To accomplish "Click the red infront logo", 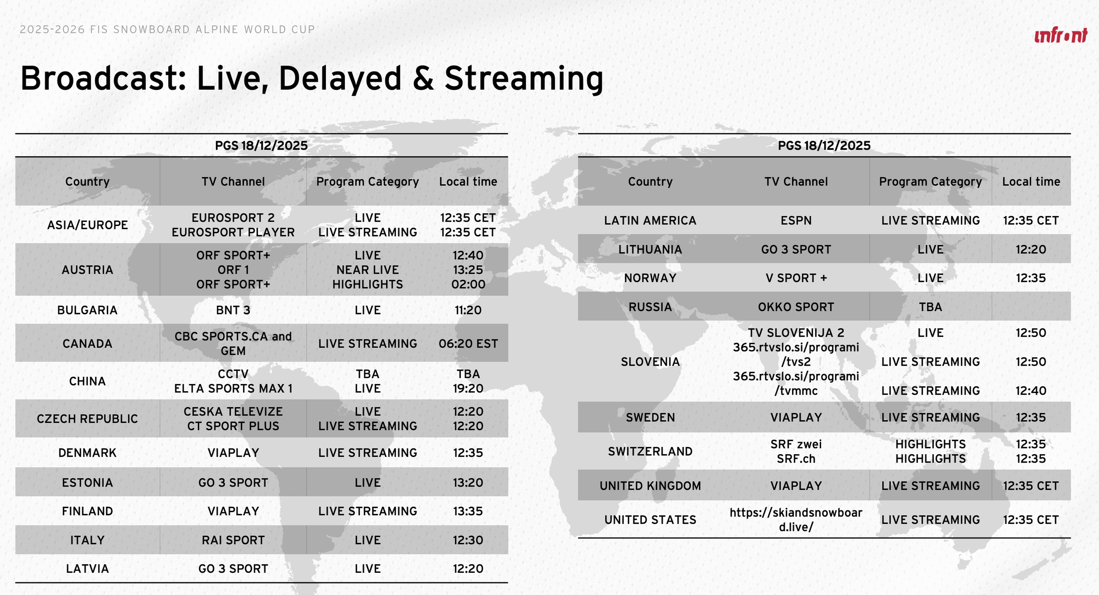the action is click(x=1060, y=35).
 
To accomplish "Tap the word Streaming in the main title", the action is click(x=524, y=79).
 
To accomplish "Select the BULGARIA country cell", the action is click(x=87, y=310).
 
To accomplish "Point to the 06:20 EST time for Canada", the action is click(x=468, y=343).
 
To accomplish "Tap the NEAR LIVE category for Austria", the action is click(x=367, y=270).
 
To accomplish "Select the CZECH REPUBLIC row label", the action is click(x=87, y=419).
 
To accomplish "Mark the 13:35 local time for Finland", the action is click(x=468, y=511).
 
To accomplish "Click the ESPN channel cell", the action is click(x=796, y=220).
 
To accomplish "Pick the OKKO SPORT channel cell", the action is click(x=796, y=307).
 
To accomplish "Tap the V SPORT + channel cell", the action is click(x=796, y=278).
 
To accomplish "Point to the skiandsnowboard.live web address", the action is click(x=796, y=519).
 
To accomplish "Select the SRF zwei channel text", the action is click(x=796, y=444).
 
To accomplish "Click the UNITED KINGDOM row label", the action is click(x=650, y=486).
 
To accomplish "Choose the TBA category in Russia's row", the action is click(x=930, y=307).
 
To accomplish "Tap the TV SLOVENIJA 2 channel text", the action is click(x=796, y=332).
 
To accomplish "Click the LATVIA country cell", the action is click(x=87, y=569).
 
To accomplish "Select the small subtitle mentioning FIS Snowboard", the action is click(x=167, y=29).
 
